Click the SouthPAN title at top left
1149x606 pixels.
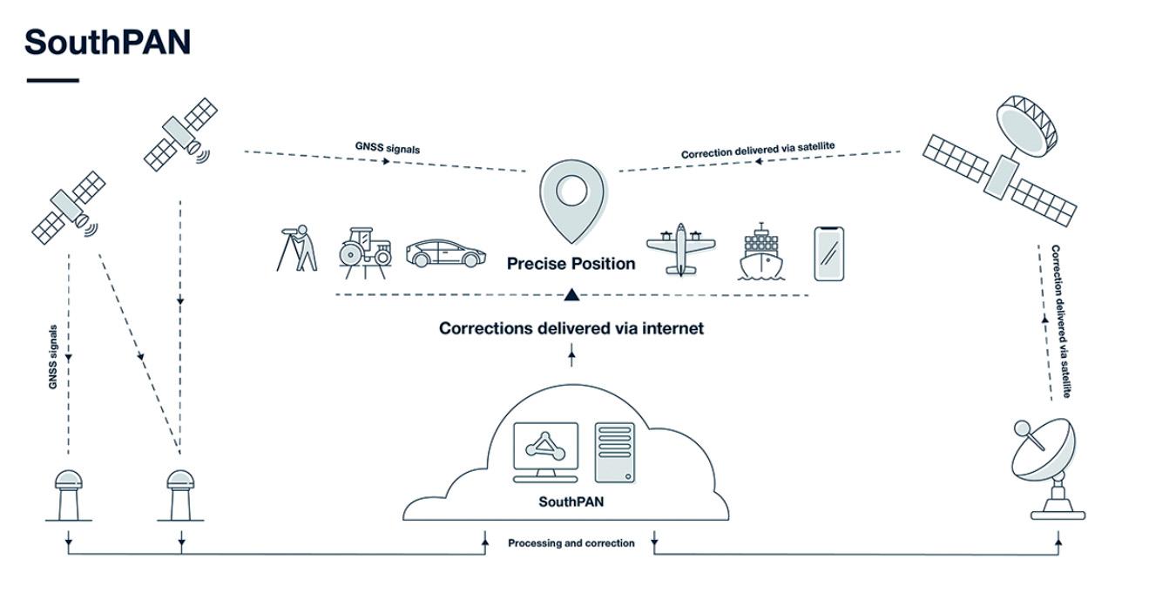(x=107, y=42)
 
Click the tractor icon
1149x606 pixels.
(x=364, y=252)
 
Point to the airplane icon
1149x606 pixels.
(x=680, y=249)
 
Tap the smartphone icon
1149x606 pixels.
(x=828, y=253)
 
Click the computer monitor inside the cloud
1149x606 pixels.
(x=545, y=451)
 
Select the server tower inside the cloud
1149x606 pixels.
(x=615, y=451)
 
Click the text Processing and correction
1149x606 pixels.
(x=571, y=543)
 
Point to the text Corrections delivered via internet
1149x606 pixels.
(x=571, y=328)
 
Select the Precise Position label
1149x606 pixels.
(x=571, y=264)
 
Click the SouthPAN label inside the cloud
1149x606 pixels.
(x=571, y=502)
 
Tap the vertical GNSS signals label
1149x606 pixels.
(x=54, y=356)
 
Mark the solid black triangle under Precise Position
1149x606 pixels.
(x=571, y=294)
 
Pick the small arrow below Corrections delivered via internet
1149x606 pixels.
(x=571, y=352)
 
